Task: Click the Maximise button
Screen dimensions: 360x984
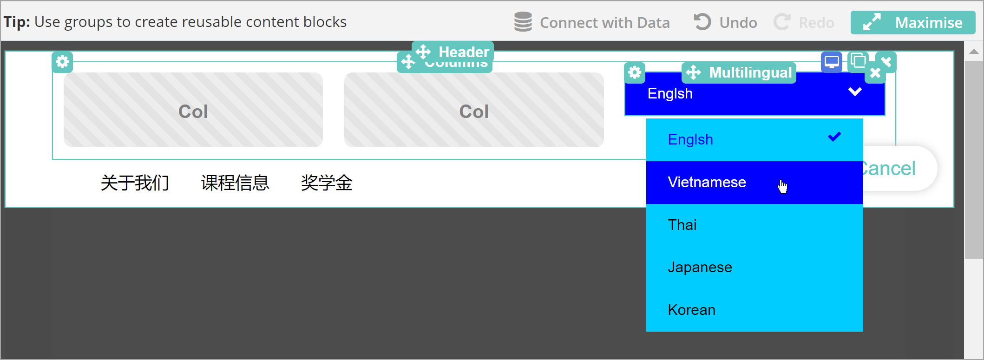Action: [912, 22]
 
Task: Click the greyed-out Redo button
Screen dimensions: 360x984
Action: [804, 22]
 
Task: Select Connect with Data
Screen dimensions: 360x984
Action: [592, 22]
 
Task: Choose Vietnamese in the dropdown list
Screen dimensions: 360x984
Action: [707, 182]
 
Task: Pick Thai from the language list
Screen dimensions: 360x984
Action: [682, 225]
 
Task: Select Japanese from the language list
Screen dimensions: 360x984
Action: [700, 267]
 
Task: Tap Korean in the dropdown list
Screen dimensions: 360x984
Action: [691, 310]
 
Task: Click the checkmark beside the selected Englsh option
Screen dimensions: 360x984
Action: [834, 137]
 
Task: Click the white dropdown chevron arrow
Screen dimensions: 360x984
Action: [855, 92]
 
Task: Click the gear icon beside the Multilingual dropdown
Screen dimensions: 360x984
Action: [635, 72]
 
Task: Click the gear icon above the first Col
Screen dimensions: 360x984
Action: [62, 62]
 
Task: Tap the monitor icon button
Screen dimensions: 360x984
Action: [831, 62]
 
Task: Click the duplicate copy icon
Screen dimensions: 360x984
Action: [858, 61]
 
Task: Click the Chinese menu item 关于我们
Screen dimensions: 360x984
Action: [135, 183]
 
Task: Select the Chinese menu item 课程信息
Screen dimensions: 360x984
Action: [235, 183]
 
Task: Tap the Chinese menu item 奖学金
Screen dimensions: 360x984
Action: [327, 183]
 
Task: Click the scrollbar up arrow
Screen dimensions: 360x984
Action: [974, 52]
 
